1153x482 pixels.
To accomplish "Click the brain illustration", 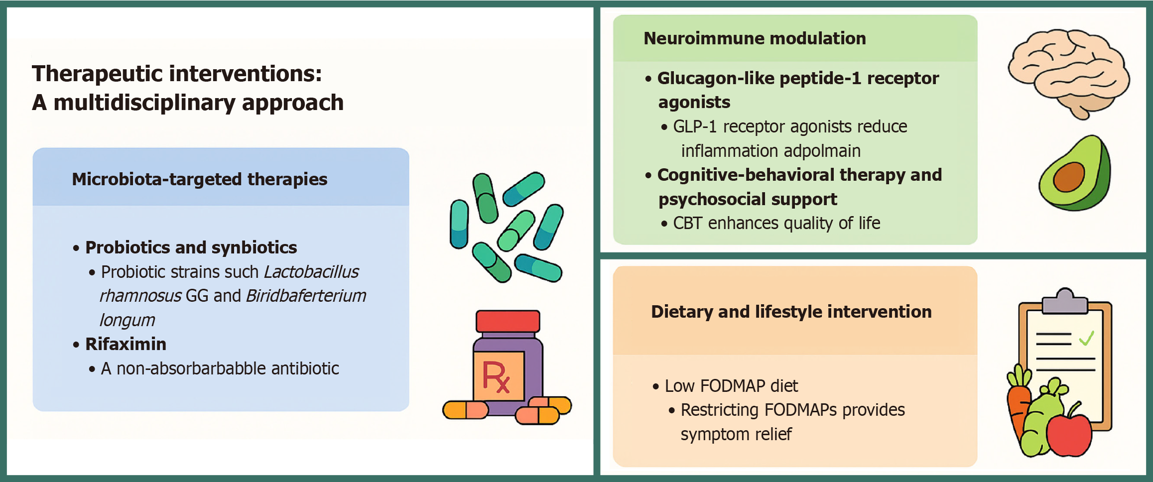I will pos(1069,72).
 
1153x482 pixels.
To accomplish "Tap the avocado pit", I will pos(1069,177).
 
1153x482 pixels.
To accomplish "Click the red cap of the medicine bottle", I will pos(508,321).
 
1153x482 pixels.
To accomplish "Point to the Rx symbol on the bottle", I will pos(497,376).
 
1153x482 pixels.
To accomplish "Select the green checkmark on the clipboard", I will pos(1086,339).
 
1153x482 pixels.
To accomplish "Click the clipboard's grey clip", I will pos(1065,300).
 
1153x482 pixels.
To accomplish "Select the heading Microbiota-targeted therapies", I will pos(199,179).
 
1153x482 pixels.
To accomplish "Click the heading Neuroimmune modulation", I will pos(755,38).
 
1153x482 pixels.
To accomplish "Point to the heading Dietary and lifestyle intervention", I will pos(791,312).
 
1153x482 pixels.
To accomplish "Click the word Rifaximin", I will pos(126,344).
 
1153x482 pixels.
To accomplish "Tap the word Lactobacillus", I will pos(311,272).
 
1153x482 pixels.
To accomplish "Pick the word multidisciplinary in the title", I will pos(144,103).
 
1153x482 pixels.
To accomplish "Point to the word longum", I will pos(128,320).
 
